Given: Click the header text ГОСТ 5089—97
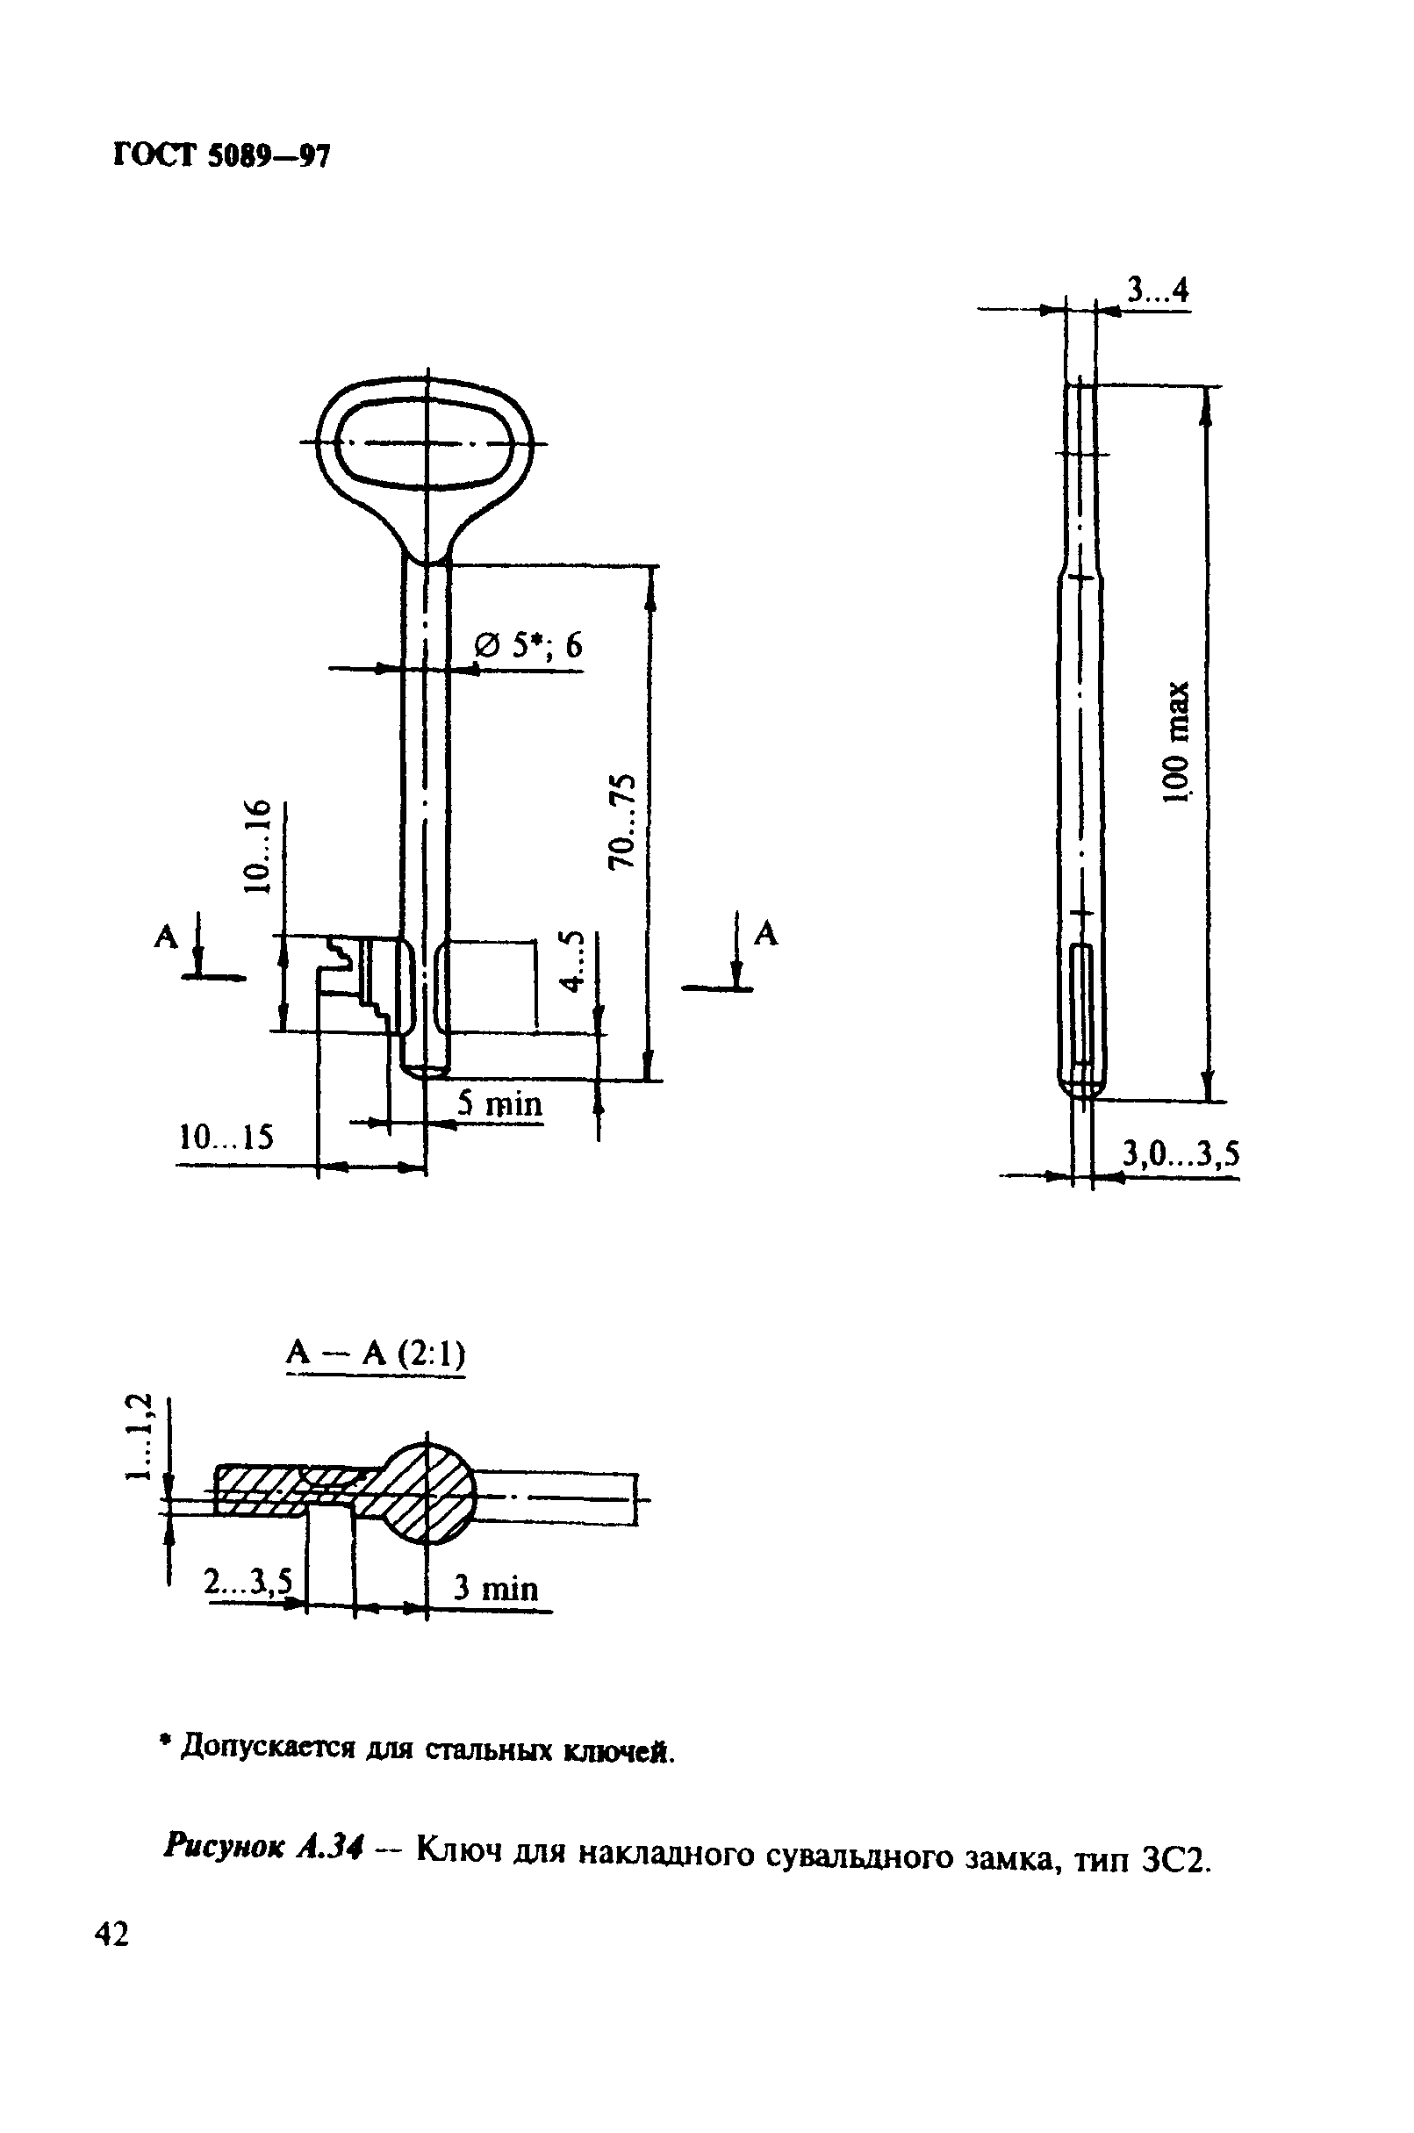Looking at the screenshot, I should point(222,156).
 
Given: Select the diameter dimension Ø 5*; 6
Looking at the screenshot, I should point(529,646).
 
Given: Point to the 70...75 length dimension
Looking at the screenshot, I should point(621,820).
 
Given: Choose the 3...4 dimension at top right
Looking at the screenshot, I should point(1158,291).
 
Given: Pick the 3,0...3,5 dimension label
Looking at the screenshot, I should point(1181,1153).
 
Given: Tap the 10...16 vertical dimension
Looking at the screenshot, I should point(258,845).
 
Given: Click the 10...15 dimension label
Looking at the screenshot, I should point(226,1138).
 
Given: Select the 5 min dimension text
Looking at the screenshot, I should point(499,1104).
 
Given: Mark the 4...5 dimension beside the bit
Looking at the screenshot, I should point(571,960).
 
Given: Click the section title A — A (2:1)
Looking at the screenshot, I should point(375,1354).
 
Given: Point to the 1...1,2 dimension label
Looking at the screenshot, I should point(140,1437).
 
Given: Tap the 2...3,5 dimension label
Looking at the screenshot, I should point(248,1582).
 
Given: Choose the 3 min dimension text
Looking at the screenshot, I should point(495,1587).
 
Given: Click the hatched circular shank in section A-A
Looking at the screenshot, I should point(427,1490).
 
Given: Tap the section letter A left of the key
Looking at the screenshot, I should point(167,937).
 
